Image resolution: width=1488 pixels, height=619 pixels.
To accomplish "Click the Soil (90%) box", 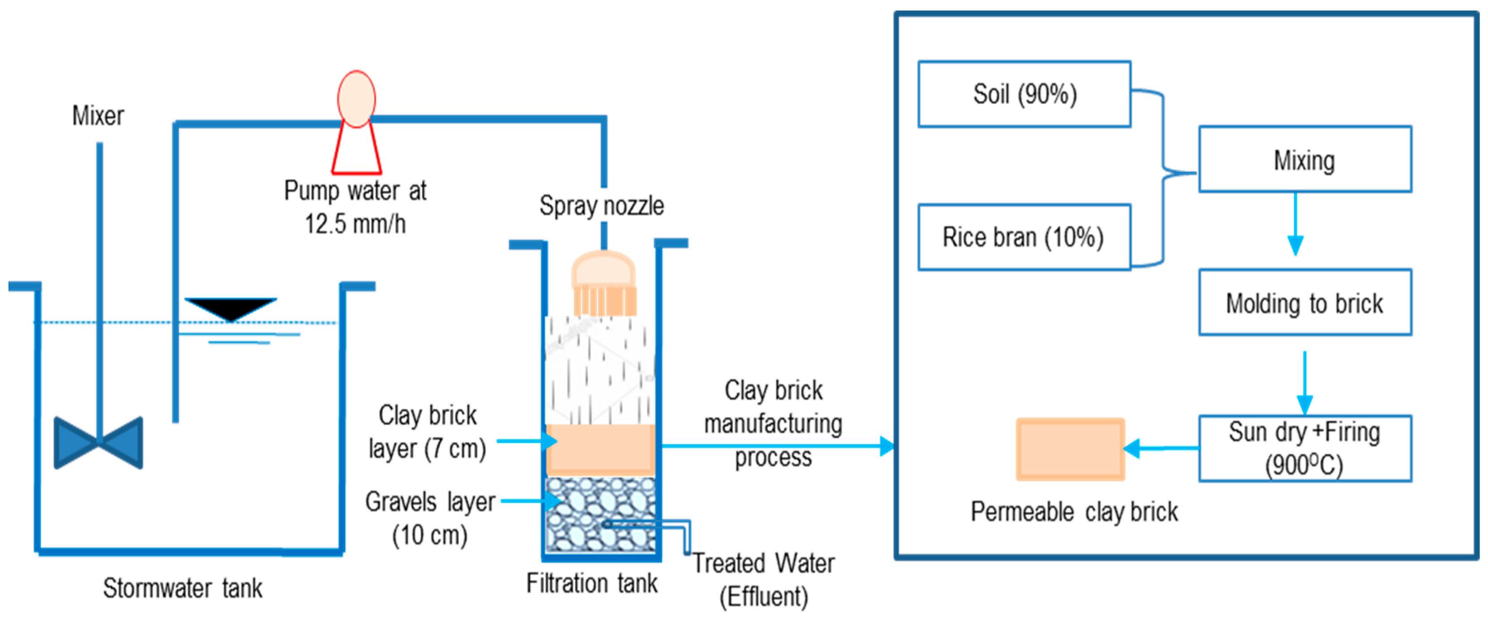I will pos(1024,94).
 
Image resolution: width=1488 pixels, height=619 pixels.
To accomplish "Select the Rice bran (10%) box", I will pos(1024,237).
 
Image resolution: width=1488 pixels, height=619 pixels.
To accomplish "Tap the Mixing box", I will pos(1304,159).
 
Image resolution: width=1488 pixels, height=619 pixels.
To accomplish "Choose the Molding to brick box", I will pos(1304,302).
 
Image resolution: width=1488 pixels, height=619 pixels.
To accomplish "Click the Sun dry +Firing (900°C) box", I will pos(1304,448).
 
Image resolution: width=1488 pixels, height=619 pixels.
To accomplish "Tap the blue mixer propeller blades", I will pos(98,443).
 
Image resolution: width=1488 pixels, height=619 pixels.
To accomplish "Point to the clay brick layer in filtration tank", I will pos(601,450).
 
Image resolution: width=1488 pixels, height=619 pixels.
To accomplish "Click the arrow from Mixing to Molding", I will pos(1295,225).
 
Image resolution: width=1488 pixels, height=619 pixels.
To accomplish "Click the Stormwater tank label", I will pos(183,589).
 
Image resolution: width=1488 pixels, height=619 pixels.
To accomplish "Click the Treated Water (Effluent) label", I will pos(764,580).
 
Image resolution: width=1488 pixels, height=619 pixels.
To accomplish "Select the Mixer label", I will pos(98,116).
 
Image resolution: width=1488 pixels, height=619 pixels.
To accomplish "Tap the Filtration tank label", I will pos(591,583).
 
